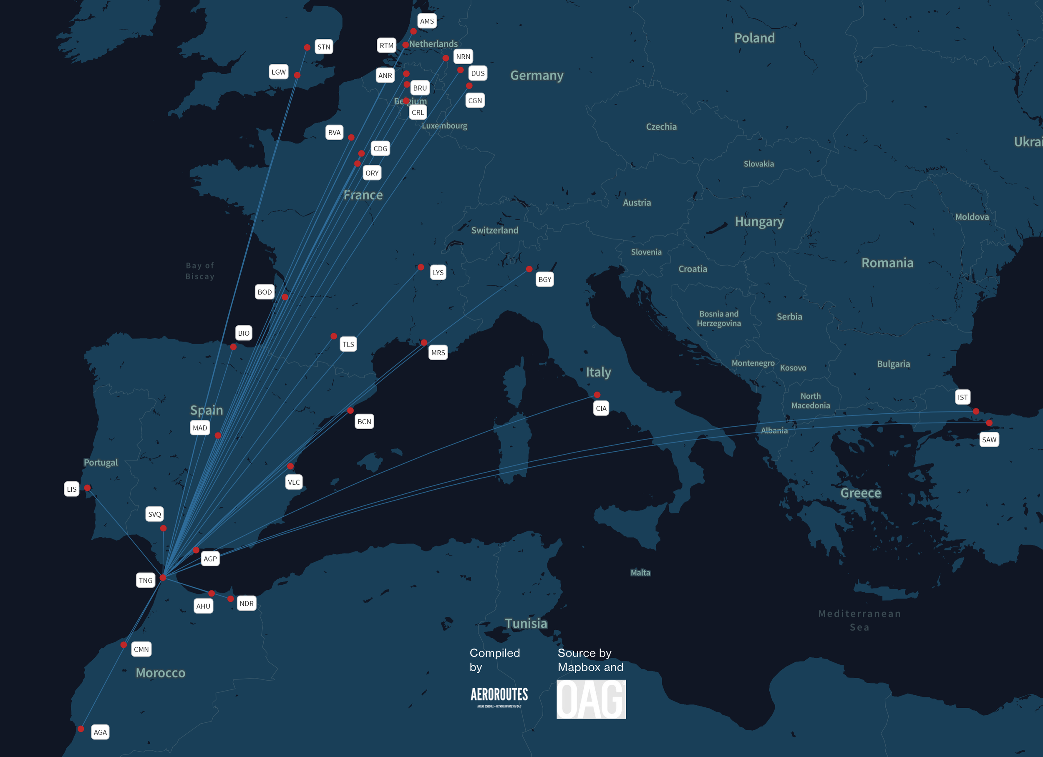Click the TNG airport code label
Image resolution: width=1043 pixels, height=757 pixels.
(145, 581)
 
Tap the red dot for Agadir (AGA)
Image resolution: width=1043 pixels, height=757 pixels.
(81, 729)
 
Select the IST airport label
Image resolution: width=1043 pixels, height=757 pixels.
(962, 397)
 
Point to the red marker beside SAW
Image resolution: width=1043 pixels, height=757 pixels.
(989, 423)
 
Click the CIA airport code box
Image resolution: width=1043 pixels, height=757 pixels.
(601, 408)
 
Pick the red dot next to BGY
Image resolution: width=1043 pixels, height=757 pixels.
(529, 269)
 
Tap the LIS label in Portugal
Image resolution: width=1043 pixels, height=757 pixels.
(72, 489)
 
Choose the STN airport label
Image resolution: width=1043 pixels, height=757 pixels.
(324, 47)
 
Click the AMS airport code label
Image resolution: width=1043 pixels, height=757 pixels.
(427, 21)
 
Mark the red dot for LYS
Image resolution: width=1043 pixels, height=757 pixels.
(421, 267)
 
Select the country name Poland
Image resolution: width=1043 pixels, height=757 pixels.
(754, 38)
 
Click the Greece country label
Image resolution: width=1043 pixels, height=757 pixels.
(860, 493)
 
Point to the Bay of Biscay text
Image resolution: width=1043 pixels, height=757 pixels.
(200, 271)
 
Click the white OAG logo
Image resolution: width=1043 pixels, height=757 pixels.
(591, 699)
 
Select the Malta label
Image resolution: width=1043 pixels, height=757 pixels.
(640, 573)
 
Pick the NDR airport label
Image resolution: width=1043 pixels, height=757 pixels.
(247, 604)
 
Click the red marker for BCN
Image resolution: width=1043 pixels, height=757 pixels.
(350, 410)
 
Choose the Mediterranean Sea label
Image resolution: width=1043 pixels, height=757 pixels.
(859, 620)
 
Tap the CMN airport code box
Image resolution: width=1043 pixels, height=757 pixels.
(141, 649)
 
